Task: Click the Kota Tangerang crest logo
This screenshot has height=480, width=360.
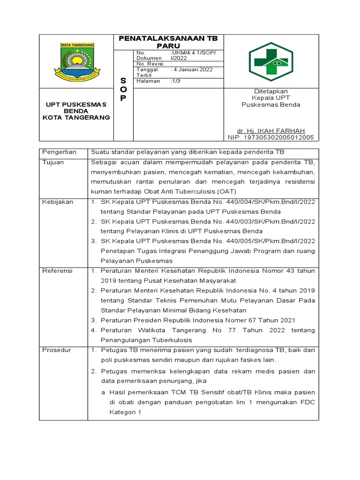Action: click(x=77, y=61)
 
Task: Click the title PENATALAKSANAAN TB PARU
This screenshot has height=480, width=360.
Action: click(x=171, y=42)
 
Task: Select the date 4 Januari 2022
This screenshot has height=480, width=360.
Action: click(x=193, y=69)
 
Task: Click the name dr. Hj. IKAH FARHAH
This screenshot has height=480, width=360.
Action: click(x=271, y=130)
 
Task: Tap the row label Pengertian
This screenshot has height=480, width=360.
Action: click(x=60, y=152)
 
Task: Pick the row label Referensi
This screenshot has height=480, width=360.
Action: click(x=57, y=270)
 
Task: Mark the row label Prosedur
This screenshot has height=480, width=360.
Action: click(x=56, y=350)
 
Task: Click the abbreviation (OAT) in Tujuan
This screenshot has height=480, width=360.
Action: click(x=227, y=191)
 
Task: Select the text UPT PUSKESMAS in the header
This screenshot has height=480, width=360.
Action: click(x=76, y=104)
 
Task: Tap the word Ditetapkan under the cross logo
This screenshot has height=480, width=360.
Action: click(x=271, y=91)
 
